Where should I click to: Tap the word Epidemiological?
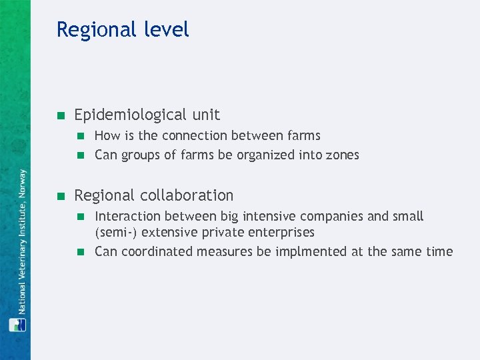click(x=131, y=115)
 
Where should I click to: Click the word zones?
click(x=342, y=155)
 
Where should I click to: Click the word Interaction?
click(x=127, y=216)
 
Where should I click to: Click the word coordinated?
click(x=153, y=251)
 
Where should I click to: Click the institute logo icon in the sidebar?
click(x=17, y=325)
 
